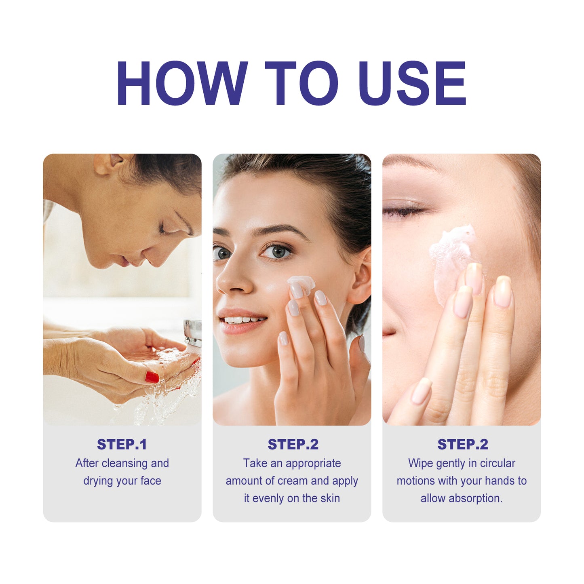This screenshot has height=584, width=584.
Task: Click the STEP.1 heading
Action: [x=122, y=444]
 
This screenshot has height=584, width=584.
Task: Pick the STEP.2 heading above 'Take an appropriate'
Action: [x=293, y=444]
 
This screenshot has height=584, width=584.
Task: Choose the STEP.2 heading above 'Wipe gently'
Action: [x=462, y=444]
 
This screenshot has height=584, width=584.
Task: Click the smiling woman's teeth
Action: [x=242, y=320]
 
